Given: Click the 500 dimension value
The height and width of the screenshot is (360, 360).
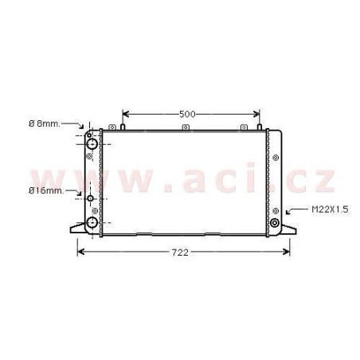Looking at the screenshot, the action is pyautogui.click(x=187, y=114).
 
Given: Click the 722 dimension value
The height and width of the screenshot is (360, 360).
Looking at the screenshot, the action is pyautogui.click(x=180, y=252).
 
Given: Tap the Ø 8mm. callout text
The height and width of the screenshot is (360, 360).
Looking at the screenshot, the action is pyautogui.click(x=45, y=123).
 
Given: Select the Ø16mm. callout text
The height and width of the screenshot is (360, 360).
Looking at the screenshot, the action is pyautogui.click(x=46, y=190).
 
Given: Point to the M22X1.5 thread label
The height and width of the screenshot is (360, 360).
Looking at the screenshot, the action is pyautogui.click(x=330, y=209).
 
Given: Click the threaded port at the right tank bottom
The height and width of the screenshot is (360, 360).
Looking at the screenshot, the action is pyautogui.click(x=275, y=222).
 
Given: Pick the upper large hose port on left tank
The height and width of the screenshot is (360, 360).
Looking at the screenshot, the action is pyautogui.click(x=92, y=144).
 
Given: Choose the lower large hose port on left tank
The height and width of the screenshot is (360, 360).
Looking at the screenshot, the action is pyautogui.click(x=92, y=222).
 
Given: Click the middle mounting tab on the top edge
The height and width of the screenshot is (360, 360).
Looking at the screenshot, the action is pyautogui.click(x=186, y=127).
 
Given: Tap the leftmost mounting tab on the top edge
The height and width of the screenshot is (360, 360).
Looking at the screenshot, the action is pyautogui.click(x=112, y=127).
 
